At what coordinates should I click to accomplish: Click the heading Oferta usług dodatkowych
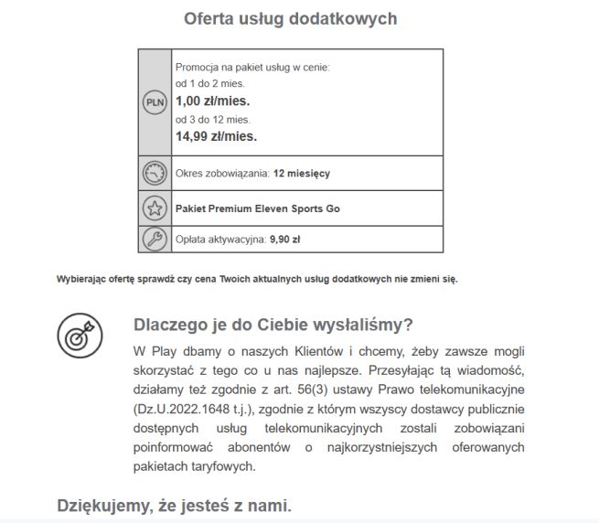290,18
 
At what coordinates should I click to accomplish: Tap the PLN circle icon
155,102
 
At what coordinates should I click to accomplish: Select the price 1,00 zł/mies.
211,101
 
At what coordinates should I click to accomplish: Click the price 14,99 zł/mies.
216,136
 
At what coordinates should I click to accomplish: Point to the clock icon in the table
155,173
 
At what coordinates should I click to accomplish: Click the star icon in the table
155,208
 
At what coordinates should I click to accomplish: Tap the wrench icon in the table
155,239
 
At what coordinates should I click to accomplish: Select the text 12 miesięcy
302,173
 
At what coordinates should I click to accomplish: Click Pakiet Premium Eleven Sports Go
257,208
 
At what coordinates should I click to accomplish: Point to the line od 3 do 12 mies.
212,119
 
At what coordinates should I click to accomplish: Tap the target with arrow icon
79,336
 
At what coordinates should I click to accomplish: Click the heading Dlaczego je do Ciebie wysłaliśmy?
273,326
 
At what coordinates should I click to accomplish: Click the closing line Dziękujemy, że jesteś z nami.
174,505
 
